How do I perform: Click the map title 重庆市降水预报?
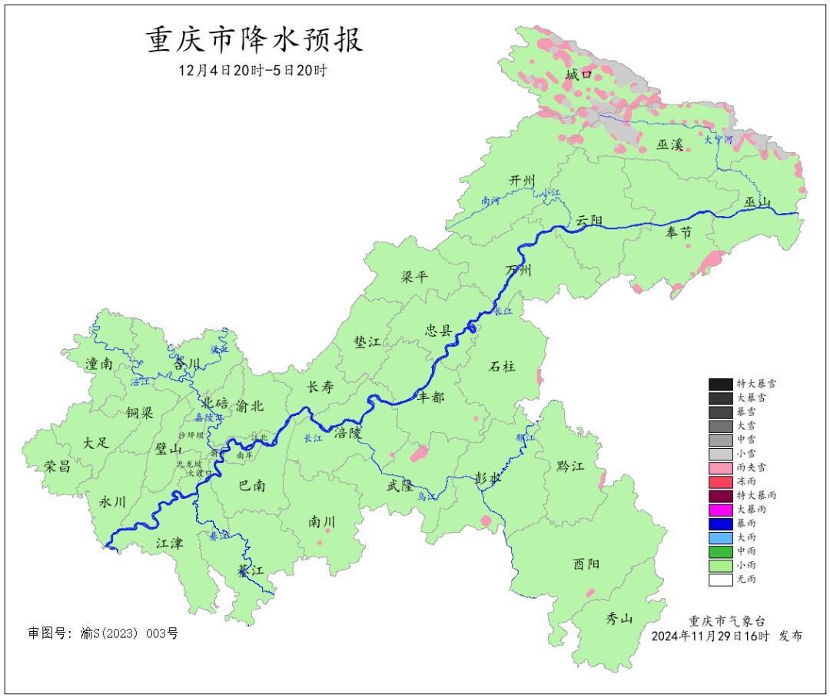(254, 41)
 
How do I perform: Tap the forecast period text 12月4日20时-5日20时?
(253, 71)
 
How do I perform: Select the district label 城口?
(579, 75)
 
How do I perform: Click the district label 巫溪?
(669, 145)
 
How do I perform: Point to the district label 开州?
(522, 180)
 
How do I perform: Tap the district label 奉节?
(678, 233)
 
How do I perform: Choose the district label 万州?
(518, 271)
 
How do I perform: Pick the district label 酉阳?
(586, 563)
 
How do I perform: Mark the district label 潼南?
(100, 364)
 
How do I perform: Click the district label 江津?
(170, 543)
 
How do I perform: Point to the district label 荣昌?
(57, 467)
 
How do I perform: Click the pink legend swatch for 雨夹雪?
(720, 467)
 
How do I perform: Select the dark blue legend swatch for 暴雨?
(720, 523)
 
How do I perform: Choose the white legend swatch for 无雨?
(720, 579)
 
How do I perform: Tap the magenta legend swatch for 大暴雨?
(720, 509)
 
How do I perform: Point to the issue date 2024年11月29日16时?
(711, 637)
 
